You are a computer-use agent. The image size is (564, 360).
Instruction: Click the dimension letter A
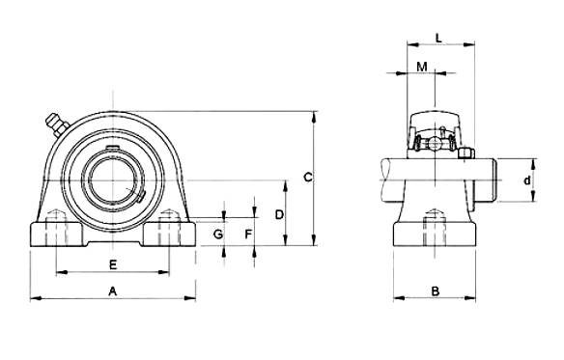113,291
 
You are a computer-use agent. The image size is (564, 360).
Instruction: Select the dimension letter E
113,265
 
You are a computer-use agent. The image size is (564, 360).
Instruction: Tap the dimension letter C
308,178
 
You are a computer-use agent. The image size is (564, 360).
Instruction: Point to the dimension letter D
279,215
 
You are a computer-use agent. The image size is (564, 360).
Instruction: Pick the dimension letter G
218,235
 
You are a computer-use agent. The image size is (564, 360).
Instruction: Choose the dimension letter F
248,235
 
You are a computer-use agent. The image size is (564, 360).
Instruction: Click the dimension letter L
438,38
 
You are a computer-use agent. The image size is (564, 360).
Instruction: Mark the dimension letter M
422,67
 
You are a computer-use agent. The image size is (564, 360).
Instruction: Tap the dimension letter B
436,291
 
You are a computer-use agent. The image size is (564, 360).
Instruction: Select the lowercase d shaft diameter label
527,180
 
